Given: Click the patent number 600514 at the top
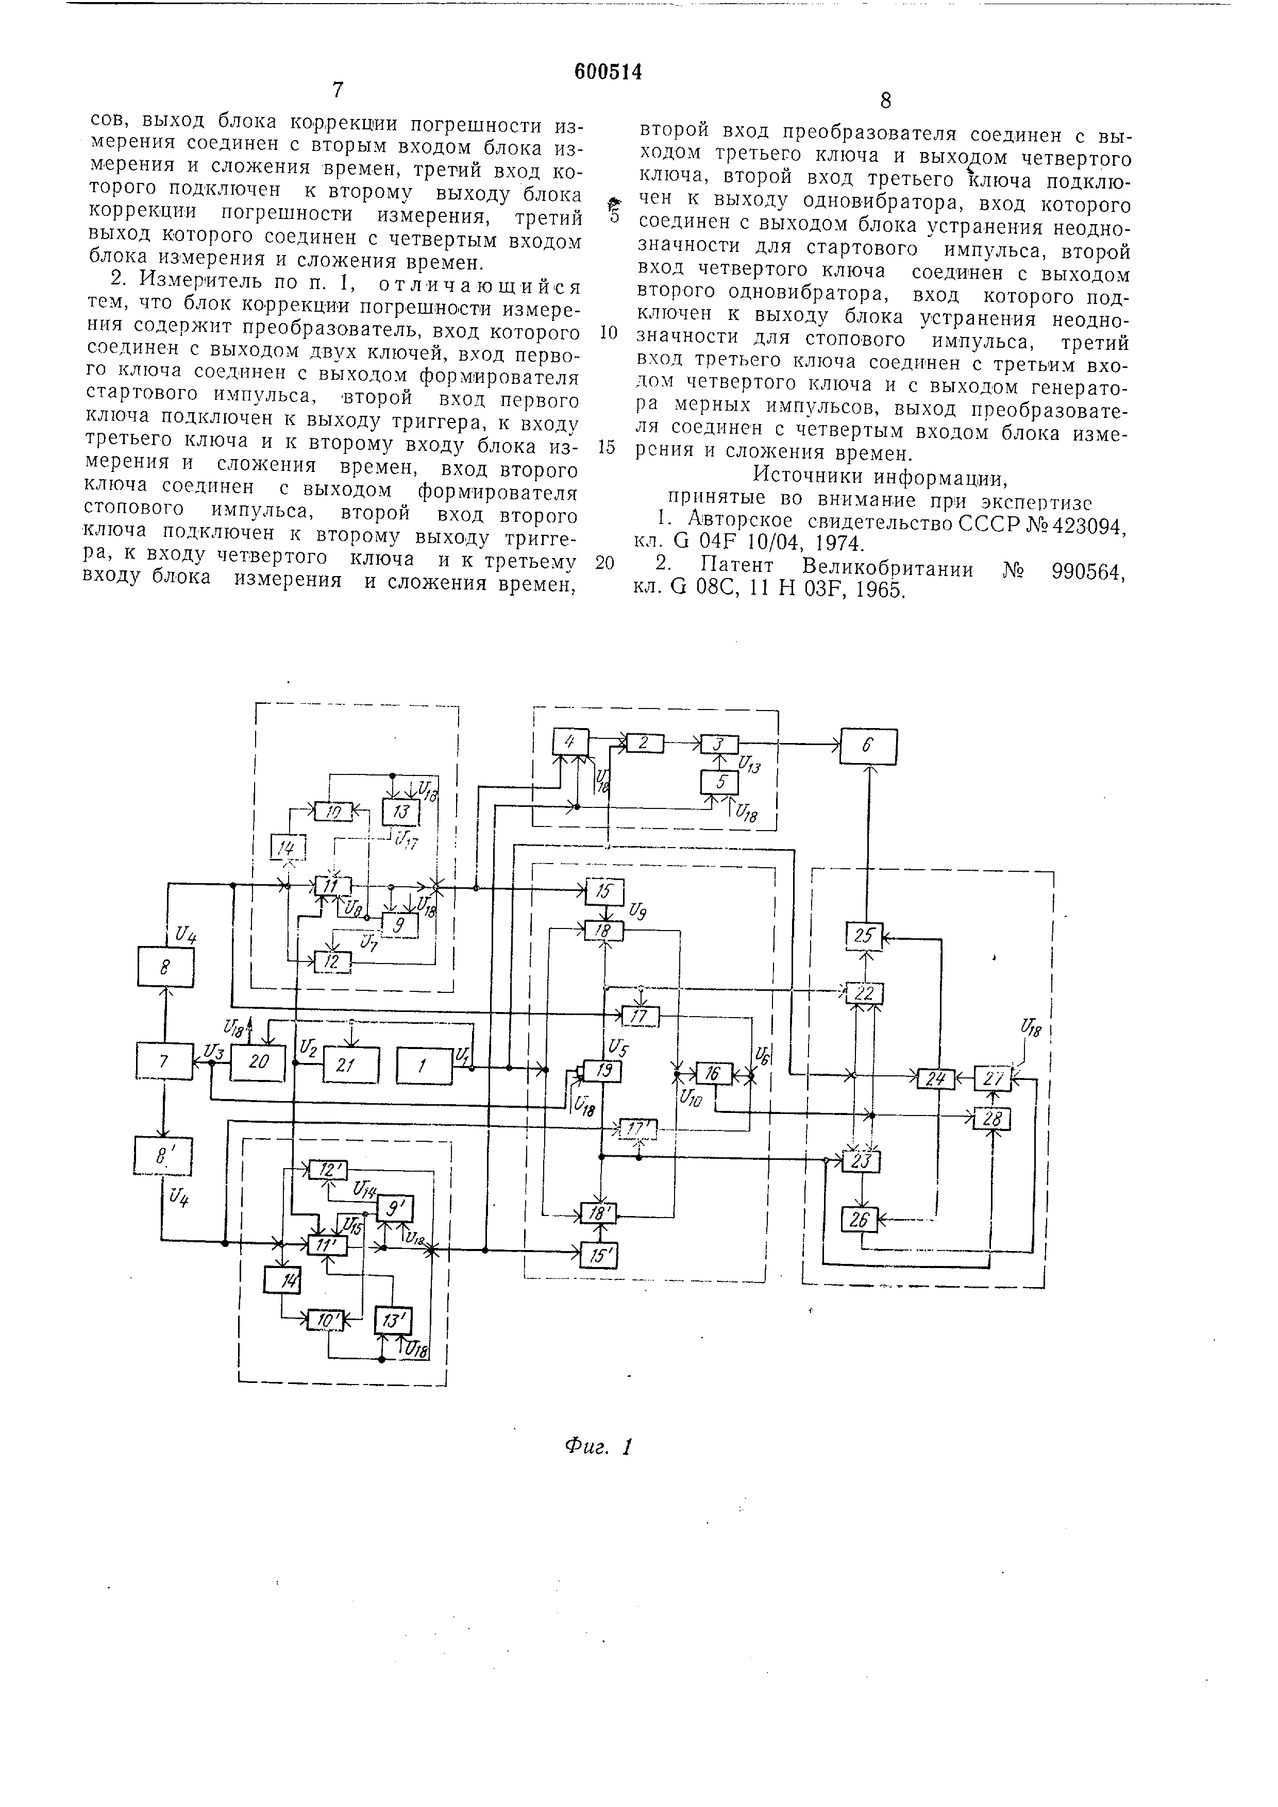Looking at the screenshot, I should pyautogui.click(x=608, y=73).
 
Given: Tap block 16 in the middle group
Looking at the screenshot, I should pyautogui.click(x=713, y=1073).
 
